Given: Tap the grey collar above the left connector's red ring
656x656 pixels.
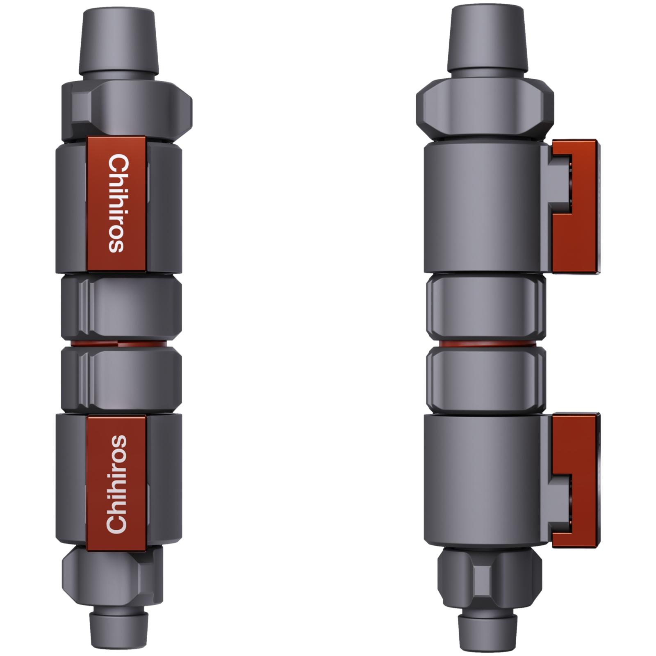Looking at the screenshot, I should coord(121,307).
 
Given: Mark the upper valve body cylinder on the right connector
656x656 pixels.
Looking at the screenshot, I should coord(484,207).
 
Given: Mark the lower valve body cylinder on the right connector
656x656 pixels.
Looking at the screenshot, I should coord(484,478).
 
